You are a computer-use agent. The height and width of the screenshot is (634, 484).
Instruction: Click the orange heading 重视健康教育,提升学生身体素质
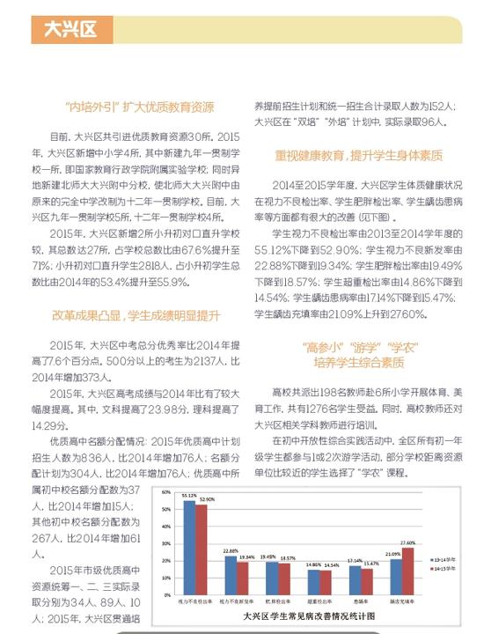click(358, 155)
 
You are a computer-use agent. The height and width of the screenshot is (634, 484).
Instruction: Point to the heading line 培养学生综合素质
click(358, 363)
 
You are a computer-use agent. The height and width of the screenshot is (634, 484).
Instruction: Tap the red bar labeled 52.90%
click(201, 547)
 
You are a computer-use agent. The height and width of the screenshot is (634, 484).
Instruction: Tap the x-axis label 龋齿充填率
click(401, 601)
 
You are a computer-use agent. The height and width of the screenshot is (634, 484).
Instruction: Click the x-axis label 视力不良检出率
click(194, 601)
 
